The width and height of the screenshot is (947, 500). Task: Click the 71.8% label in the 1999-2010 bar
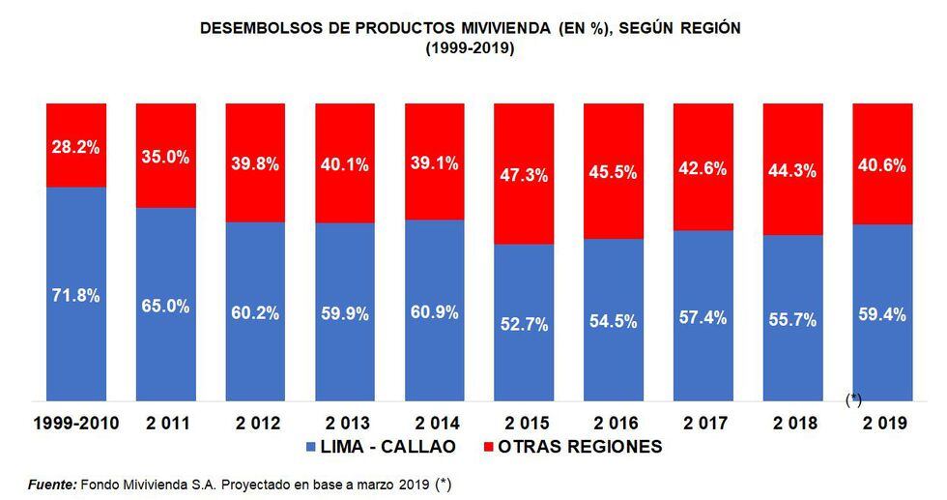(76, 296)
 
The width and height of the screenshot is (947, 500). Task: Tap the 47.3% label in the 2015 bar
(524, 175)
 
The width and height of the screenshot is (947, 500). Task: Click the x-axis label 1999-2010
(76, 425)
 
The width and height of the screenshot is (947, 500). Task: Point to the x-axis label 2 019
(881, 425)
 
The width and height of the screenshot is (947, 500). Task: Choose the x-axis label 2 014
(434, 425)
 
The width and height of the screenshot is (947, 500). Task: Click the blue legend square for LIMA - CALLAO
(311, 448)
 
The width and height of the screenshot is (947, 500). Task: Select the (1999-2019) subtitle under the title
(470, 47)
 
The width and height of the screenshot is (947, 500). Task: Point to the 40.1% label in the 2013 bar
(344, 164)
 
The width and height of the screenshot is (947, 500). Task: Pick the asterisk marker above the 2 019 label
(853, 399)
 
